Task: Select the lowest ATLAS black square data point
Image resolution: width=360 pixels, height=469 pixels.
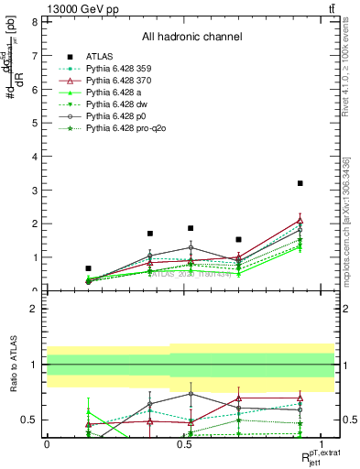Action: [88, 268]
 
